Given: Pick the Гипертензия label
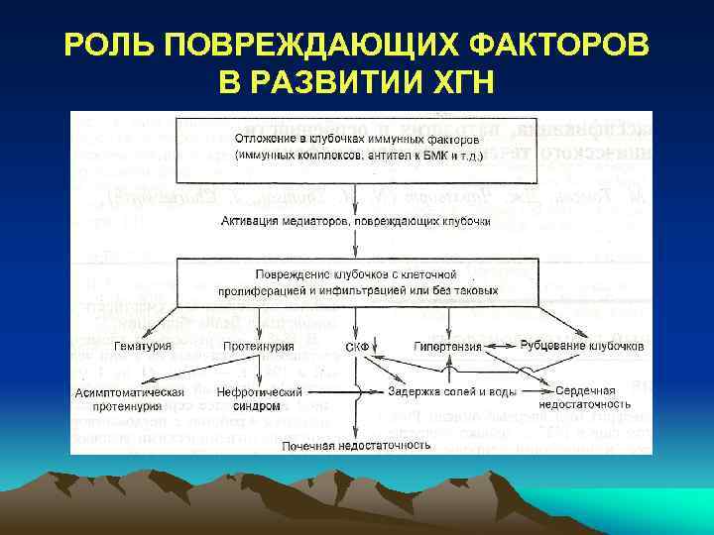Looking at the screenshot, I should (448, 348).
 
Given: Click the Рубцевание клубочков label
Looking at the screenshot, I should (582, 346).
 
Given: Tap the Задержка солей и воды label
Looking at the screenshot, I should (439, 391).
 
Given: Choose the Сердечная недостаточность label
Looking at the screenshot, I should (585, 397).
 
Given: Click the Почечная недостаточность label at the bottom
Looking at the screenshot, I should (356, 446).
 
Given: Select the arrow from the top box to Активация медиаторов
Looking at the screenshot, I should (356, 199).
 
